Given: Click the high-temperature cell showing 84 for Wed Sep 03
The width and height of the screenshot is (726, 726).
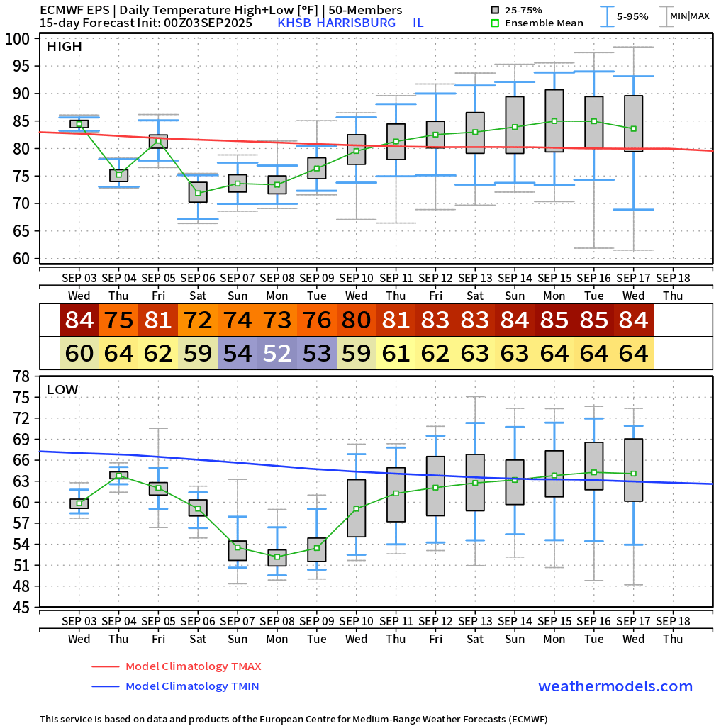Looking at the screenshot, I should (x=79, y=320).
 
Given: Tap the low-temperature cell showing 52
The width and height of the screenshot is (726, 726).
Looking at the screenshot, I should (x=277, y=352).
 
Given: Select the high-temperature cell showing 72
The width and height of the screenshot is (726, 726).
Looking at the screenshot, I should (x=198, y=320).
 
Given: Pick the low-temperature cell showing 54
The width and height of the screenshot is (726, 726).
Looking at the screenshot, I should (x=238, y=352).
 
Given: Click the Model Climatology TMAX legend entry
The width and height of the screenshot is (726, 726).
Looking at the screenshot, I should (x=193, y=666).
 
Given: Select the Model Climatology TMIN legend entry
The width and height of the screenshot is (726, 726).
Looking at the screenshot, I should (x=191, y=686).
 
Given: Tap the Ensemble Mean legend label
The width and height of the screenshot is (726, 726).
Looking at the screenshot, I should (x=545, y=23).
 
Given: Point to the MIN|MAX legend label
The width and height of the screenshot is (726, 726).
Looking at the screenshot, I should (x=689, y=16).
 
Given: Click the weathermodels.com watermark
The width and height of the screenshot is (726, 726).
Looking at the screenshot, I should (x=615, y=686).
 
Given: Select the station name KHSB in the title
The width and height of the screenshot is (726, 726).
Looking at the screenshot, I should (x=294, y=23).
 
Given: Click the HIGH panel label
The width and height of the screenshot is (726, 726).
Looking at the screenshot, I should (x=65, y=47).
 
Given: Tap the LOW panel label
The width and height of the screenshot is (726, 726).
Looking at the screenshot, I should (x=62, y=389).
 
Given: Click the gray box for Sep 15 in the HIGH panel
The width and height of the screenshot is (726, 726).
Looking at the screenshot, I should (x=554, y=121).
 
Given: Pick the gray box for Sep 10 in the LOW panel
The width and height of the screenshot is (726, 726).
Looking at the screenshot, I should (x=356, y=508).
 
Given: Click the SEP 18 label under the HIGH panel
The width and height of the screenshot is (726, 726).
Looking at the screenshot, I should (x=673, y=278).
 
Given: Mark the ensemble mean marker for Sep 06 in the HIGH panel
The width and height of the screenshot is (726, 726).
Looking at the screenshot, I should (x=198, y=193).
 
